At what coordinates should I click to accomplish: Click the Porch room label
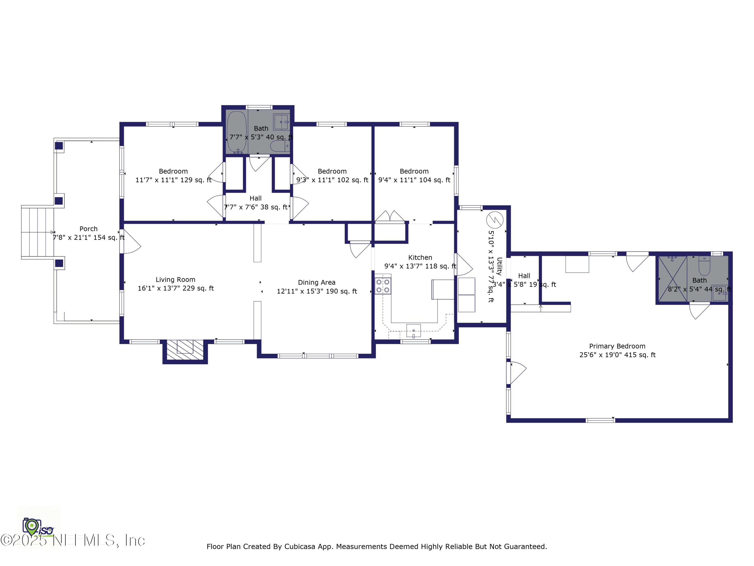point(89,229)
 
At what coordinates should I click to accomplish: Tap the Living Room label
point(175,280)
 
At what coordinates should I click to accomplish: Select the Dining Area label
point(317,282)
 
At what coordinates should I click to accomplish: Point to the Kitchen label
point(420,258)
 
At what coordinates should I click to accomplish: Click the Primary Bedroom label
point(617,346)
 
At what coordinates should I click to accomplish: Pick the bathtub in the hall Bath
point(237,132)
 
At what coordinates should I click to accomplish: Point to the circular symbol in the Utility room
point(495,220)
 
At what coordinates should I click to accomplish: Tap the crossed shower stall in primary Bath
point(673,279)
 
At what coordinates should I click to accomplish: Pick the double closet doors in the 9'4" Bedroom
point(390,216)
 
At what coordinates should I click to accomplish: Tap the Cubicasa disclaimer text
point(377,547)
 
